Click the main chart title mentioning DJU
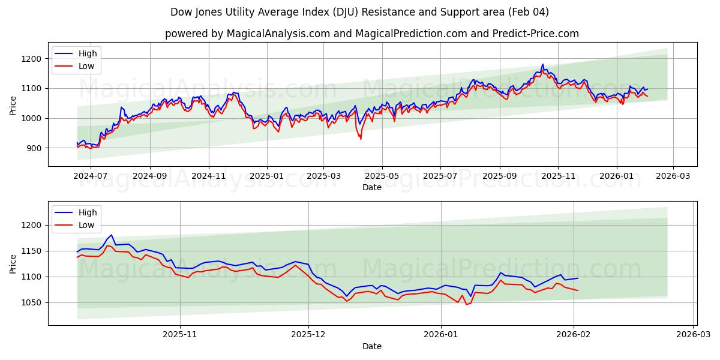click(x=359, y=12)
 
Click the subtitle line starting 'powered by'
click(x=372, y=34)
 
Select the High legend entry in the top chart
click(x=88, y=53)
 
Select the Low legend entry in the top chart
click(x=86, y=66)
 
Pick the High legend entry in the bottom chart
click(x=88, y=212)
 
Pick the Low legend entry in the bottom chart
click(x=86, y=225)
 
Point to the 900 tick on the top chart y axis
click(x=34, y=148)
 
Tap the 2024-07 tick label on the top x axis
click(x=91, y=177)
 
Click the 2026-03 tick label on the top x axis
click(x=673, y=177)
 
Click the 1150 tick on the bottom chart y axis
click(x=31, y=251)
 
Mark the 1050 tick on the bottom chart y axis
click(x=31, y=303)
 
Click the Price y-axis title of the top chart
click(x=13, y=104)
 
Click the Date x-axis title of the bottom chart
click(x=372, y=347)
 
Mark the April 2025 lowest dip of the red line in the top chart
click(x=361, y=139)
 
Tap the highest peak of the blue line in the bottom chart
click(x=111, y=235)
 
